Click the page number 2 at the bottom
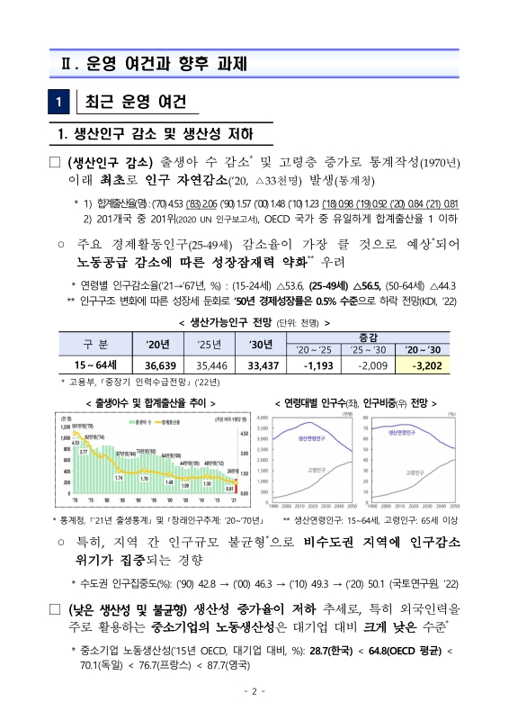254,690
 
